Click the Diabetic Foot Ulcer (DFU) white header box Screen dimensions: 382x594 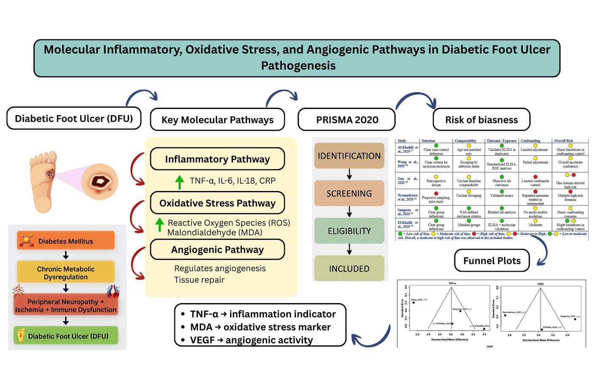click(74, 118)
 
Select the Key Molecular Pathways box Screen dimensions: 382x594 click(217, 120)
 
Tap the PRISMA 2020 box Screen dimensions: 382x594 click(347, 120)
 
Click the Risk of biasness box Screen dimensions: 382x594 click(481, 120)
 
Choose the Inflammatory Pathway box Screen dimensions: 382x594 click(217, 159)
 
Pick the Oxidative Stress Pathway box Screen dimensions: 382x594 click(217, 203)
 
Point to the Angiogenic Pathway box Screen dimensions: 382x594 click(217, 250)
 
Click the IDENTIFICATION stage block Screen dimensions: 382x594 click(349, 156)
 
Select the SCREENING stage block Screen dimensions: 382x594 click(349, 194)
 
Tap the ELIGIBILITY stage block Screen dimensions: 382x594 click(349, 231)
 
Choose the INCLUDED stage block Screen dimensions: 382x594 click(349, 269)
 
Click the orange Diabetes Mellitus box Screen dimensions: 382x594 click(66, 241)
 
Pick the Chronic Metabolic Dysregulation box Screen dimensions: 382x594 click(66, 272)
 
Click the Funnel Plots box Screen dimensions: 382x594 click(492, 261)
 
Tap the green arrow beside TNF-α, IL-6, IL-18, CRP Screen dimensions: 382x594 click(179, 182)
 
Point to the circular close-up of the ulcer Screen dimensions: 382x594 click(100, 182)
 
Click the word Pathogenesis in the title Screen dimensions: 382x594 click(298, 66)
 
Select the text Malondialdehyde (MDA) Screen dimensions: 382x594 click(215, 233)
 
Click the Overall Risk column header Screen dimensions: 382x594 click(563, 140)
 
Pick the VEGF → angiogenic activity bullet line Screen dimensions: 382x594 click(251, 340)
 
